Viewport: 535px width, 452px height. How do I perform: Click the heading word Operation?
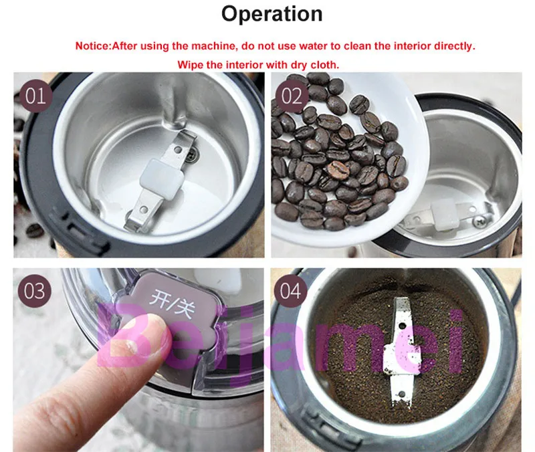click(272, 14)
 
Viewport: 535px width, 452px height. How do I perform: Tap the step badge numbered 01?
click(36, 96)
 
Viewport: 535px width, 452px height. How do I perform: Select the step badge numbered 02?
click(292, 96)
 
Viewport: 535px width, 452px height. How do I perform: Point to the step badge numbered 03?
click(35, 291)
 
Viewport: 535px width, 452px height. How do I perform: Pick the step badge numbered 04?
click(290, 291)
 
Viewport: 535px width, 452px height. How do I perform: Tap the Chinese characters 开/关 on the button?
click(172, 303)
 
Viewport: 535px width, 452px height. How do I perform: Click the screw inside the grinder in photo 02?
click(479, 222)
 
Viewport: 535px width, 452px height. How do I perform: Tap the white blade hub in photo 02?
click(445, 215)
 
